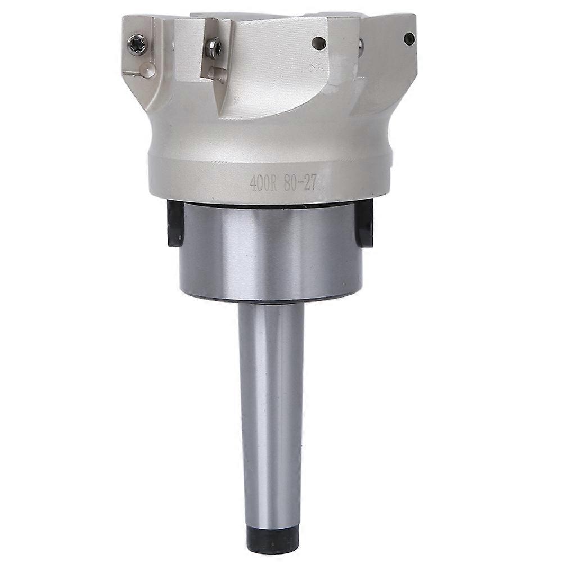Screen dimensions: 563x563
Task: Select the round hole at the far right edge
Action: click(x=409, y=38)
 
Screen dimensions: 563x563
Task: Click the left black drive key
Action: click(x=175, y=223)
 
